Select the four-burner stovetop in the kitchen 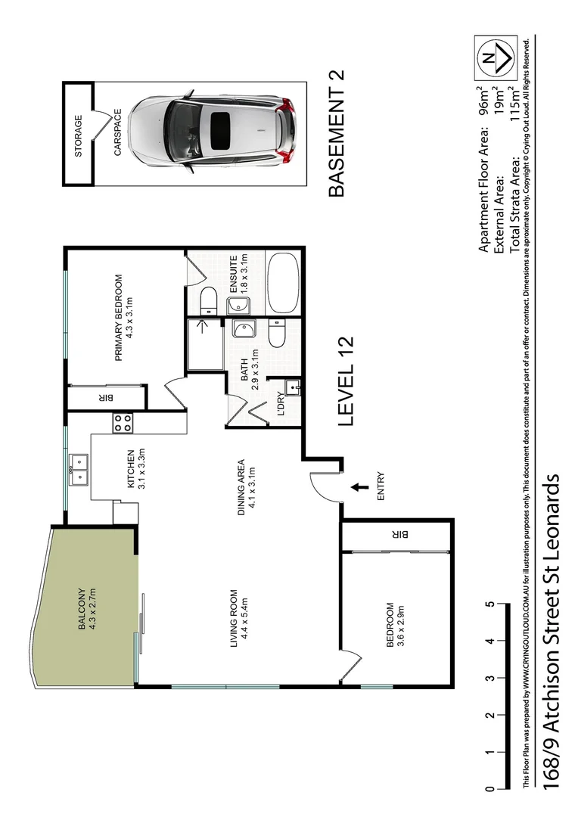[x=122, y=423]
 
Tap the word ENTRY [x=380, y=488]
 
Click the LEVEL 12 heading [x=346, y=391]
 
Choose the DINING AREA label [x=241, y=486]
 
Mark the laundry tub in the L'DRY [x=294, y=388]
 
